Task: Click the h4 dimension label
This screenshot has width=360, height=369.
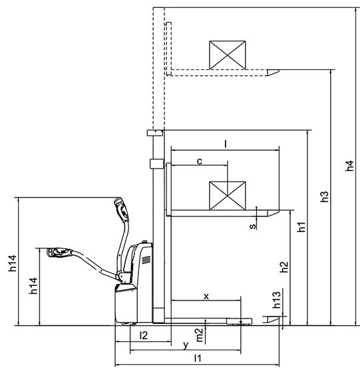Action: [350, 166]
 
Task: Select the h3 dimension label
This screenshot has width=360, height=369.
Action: [325, 197]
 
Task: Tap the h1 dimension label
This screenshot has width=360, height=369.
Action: [301, 227]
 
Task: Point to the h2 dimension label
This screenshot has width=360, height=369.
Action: [284, 267]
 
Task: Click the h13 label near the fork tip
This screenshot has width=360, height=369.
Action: [277, 300]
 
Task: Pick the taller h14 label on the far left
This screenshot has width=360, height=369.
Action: [12, 263]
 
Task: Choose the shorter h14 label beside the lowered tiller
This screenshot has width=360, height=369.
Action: [33, 286]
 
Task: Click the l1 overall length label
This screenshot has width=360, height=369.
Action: [198, 358]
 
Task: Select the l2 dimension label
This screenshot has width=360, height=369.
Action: [144, 335]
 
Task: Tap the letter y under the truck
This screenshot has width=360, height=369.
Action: [186, 345]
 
